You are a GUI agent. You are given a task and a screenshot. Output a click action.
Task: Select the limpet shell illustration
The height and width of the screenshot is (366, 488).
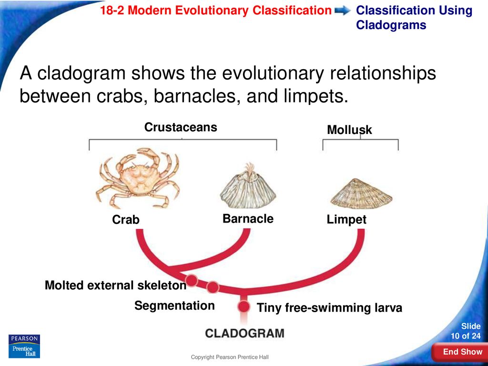361,193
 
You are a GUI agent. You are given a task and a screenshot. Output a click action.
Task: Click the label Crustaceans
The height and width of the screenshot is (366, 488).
181,127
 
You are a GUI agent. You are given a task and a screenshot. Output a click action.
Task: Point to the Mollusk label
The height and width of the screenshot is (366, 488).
349,130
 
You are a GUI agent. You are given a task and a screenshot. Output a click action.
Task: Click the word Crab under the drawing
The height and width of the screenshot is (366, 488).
126,220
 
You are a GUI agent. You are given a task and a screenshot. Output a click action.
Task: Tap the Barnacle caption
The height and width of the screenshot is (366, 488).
248,219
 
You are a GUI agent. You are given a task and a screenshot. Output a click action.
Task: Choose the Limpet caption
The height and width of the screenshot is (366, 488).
346,220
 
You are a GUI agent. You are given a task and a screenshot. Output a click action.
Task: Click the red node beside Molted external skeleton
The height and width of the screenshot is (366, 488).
192,280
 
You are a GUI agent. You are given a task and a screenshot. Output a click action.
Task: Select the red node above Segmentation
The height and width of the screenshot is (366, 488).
213,287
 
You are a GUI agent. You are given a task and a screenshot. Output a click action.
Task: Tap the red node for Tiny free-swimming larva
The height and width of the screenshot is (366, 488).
244,307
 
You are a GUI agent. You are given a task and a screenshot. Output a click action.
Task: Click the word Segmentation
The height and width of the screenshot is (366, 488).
174,305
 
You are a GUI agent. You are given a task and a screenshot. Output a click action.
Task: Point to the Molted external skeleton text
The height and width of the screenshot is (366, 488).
115,285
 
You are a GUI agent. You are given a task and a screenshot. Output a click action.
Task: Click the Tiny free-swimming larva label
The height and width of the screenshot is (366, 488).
329,308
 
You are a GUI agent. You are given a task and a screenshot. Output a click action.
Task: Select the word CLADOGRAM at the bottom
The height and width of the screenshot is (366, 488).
244,333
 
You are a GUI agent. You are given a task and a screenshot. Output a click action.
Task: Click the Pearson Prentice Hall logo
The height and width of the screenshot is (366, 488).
24,346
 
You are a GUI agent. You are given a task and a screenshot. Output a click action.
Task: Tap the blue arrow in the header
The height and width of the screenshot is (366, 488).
342,11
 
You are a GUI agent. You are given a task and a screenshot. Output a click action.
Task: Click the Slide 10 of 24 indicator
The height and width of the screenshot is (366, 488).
466,331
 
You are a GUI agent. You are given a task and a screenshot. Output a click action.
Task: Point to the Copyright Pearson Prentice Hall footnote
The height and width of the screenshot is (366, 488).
230,357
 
